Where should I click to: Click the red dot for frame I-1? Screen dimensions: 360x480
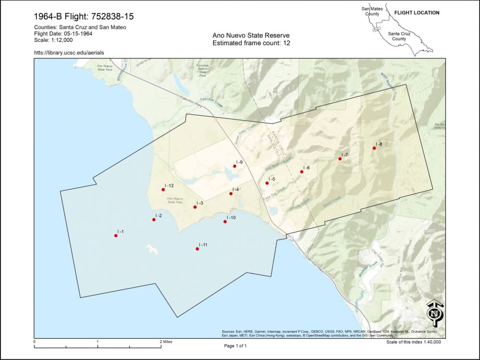click(116, 236)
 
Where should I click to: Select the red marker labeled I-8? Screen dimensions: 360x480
click(374, 148)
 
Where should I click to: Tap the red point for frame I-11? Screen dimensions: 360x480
click(197, 249)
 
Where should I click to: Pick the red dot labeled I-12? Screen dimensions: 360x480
click(163, 190)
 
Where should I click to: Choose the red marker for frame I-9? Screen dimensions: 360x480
click(235, 166)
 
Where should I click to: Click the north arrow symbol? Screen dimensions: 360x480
click(435, 312)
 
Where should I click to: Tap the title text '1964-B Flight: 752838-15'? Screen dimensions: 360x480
click(84, 17)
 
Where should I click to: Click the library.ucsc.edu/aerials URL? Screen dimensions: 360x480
click(69, 52)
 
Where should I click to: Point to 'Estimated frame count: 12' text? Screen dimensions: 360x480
click(251, 43)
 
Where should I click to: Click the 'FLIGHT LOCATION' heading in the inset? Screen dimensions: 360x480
click(417, 13)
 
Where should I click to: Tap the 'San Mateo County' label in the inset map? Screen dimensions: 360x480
click(372, 11)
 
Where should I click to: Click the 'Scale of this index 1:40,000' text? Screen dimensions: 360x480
click(413, 342)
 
